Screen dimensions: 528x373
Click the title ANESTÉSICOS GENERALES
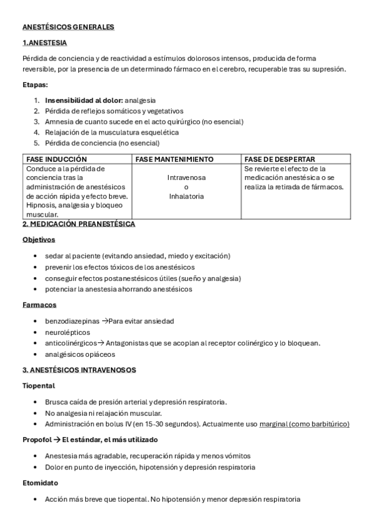[68, 27]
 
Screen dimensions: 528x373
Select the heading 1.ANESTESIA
[44, 43]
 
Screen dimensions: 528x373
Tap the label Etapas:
[35, 85]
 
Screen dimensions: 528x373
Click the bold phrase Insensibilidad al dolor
[83, 100]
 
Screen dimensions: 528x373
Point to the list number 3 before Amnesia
[37, 121]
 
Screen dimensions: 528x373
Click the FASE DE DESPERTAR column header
[280, 159]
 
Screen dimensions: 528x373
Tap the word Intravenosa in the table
[187, 177]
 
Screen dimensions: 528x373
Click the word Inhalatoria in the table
[187, 196]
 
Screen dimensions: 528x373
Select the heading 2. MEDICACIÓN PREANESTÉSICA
[78, 224]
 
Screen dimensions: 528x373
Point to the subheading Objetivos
[39, 239]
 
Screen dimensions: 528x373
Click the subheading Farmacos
[39, 305]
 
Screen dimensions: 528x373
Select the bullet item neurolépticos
[67, 332]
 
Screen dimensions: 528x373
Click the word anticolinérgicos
[70, 343]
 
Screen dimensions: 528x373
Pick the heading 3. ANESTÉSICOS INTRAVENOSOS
[79, 370]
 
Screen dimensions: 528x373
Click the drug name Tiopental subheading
[39, 385]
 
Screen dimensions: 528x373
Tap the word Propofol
[36, 440]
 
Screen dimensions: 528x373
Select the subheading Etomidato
[41, 483]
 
